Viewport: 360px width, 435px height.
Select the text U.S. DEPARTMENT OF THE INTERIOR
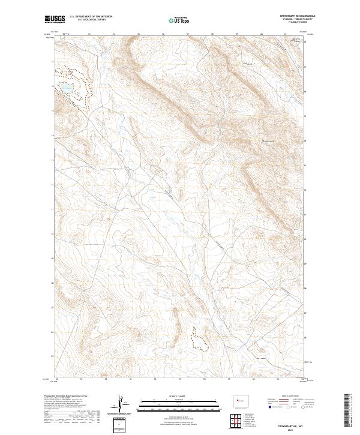coord(91,17)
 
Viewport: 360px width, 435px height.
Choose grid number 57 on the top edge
coord(188,34)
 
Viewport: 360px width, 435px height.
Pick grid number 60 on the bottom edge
coord(254,379)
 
